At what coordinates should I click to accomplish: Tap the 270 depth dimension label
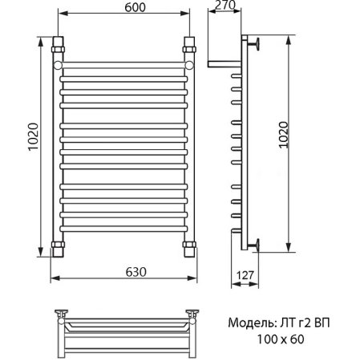pos(228,7)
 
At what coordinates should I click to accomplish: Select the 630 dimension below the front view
pos(124,271)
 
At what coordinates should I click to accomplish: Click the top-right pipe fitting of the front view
pos(189,42)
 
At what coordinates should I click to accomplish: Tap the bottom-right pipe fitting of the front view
pos(189,244)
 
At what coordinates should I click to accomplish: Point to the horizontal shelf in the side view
pos(223,62)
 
